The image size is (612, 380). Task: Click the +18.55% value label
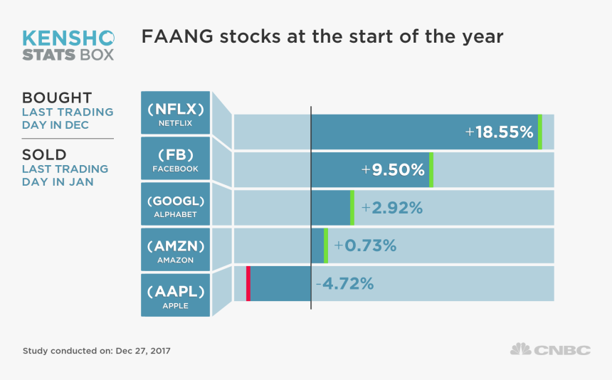pyautogui.click(x=499, y=132)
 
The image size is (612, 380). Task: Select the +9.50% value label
pyautogui.click(x=393, y=170)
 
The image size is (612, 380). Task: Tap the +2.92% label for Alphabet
pyautogui.click(x=392, y=208)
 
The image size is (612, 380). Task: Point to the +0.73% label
pyautogui.click(x=365, y=246)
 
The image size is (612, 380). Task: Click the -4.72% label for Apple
pyautogui.click(x=344, y=283)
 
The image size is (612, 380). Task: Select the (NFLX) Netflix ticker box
pyautogui.click(x=176, y=112)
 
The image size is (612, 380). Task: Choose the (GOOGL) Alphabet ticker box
pyautogui.click(x=176, y=204)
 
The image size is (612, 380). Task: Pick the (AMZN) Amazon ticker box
pyautogui.click(x=176, y=250)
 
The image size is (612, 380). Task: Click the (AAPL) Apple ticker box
pyautogui.click(x=176, y=295)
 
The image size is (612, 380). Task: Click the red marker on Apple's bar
pyautogui.click(x=248, y=283)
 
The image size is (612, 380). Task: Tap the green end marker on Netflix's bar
pyautogui.click(x=540, y=132)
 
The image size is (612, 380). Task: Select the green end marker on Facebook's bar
pyautogui.click(x=431, y=170)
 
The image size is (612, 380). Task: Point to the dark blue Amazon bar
pyautogui.click(x=317, y=246)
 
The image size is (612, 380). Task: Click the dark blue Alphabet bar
pyautogui.click(x=331, y=208)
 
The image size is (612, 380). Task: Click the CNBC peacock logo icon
pyautogui.click(x=520, y=349)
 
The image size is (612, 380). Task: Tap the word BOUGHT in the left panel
pyautogui.click(x=57, y=97)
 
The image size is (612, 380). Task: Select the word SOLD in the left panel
pyautogui.click(x=44, y=154)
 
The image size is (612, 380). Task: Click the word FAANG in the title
pyautogui.click(x=173, y=37)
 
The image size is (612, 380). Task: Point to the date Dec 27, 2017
pyautogui.click(x=143, y=351)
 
